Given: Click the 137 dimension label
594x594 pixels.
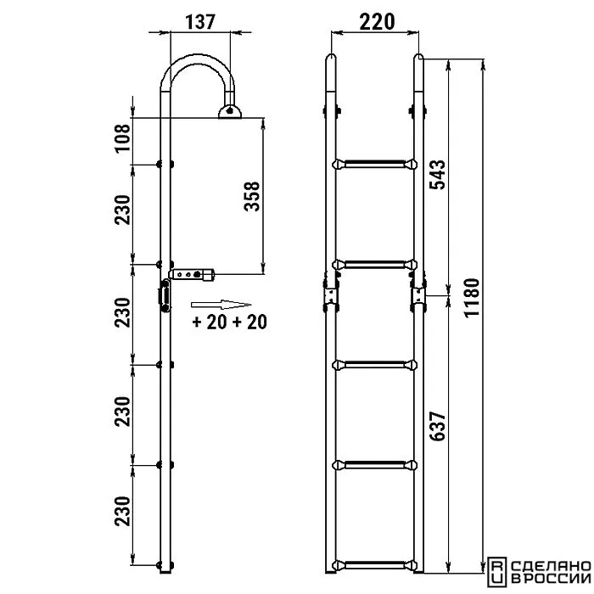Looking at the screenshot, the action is pyautogui.click(x=200, y=22).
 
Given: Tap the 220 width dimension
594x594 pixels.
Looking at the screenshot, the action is pyautogui.click(x=377, y=22).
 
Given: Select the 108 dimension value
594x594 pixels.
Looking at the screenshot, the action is pyautogui.click(x=123, y=138).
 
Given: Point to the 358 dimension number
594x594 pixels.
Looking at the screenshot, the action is pyautogui.click(x=252, y=196).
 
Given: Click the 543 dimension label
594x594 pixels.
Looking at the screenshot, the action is pyautogui.click(x=437, y=174).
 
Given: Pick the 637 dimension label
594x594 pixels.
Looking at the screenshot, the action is pyautogui.click(x=437, y=426).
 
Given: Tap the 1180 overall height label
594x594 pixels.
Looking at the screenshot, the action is pyautogui.click(x=472, y=298).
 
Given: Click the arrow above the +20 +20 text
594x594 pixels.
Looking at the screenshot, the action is pyautogui.click(x=221, y=305).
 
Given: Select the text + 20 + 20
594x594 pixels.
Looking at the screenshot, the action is pyautogui.click(x=230, y=322).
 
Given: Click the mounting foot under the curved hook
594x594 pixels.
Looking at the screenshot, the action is pyautogui.click(x=230, y=112).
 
